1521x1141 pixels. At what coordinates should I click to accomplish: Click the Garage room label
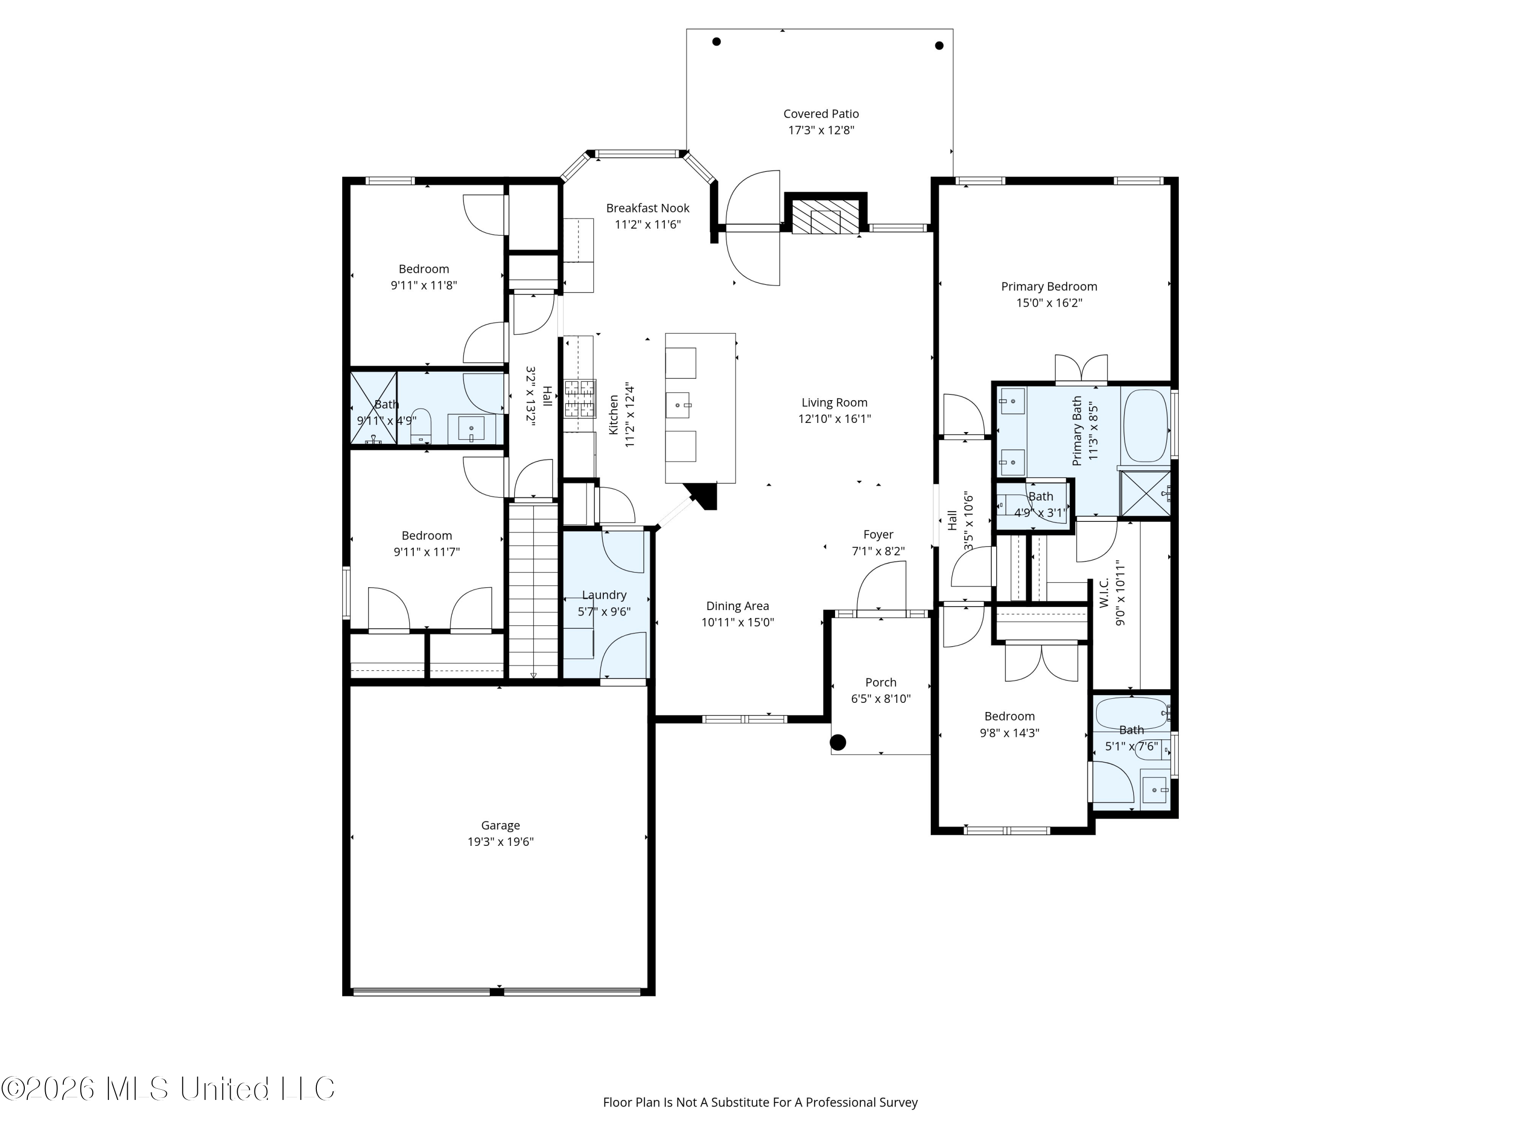[x=500, y=825]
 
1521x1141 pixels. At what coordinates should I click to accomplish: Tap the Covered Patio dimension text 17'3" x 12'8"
[x=821, y=130]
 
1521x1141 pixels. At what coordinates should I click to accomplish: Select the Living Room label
[x=834, y=402]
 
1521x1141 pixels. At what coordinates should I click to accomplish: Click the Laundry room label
[x=604, y=595]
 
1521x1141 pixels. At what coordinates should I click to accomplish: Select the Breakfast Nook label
[x=648, y=208]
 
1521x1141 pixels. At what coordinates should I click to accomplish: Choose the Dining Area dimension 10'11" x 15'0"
[x=737, y=622]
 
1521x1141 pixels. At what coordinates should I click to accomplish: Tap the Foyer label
[x=878, y=534]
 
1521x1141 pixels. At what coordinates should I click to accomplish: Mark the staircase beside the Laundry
[x=533, y=591]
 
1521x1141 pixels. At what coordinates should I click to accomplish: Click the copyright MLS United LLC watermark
[x=168, y=1089]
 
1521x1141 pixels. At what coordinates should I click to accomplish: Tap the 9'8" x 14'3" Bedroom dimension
[x=1009, y=732]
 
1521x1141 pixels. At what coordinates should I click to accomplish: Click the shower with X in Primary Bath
[x=1145, y=493]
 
